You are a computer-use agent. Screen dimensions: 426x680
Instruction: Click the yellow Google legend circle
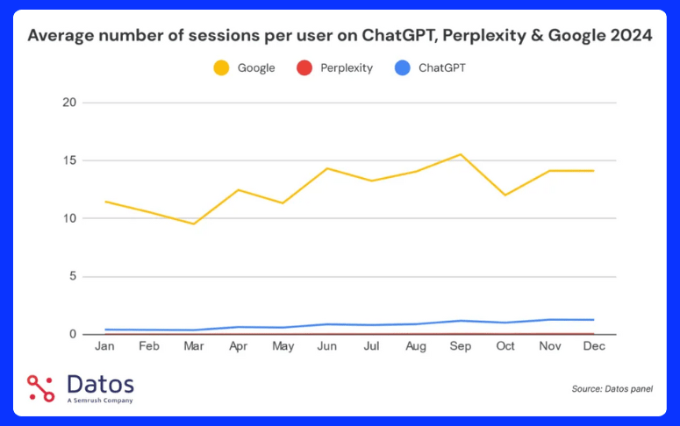click(221, 67)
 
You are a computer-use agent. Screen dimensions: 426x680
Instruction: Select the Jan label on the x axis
click(104, 346)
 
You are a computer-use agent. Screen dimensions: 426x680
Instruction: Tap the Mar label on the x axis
click(193, 346)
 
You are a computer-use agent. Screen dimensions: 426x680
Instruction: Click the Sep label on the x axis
click(461, 346)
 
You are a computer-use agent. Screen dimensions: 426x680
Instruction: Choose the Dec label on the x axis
click(594, 346)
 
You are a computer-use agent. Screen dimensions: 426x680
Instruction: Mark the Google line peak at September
click(461, 154)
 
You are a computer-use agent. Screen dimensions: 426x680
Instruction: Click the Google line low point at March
click(193, 224)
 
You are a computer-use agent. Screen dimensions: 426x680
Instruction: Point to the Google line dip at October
click(505, 195)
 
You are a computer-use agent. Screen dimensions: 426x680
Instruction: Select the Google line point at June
click(327, 168)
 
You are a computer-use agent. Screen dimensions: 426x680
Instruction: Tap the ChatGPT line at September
click(461, 321)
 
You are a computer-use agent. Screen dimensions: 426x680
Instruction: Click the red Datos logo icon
click(40, 388)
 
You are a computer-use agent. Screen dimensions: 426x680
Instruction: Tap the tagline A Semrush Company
click(100, 401)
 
